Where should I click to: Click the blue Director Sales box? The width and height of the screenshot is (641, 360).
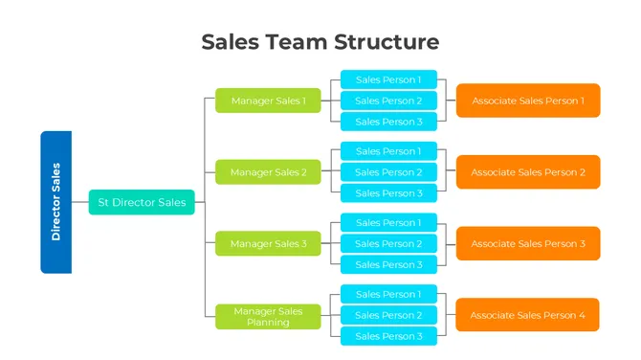pyautogui.click(x=55, y=202)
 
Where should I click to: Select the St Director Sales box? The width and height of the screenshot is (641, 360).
pyautogui.click(x=142, y=202)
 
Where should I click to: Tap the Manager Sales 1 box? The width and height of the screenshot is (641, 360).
pyautogui.click(x=268, y=101)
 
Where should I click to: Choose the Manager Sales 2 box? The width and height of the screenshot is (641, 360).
pyautogui.click(x=268, y=172)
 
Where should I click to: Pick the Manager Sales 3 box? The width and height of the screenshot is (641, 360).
pyautogui.click(x=268, y=244)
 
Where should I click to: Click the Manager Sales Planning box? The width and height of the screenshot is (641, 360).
pyautogui.click(x=268, y=316)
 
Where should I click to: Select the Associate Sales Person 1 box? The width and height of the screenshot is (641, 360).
pyautogui.click(x=528, y=101)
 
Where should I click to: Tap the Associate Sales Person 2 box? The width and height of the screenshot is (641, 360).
pyautogui.click(x=528, y=172)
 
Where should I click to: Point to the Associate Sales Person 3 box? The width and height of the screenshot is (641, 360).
pyautogui.click(x=528, y=244)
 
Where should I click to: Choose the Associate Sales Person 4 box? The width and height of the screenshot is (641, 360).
pyautogui.click(x=528, y=315)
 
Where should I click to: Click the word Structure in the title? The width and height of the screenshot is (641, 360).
pyautogui.click(x=387, y=42)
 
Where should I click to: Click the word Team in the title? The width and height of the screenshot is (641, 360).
pyautogui.click(x=297, y=42)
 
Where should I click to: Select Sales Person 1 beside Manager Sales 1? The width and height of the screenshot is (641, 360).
pyautogui.click(x=388, y=79)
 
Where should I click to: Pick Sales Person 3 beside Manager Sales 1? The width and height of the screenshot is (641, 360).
pyautogui.click(x=388, y=122)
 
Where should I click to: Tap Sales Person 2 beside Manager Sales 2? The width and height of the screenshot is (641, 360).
pyautogui.click(x=388, y=172)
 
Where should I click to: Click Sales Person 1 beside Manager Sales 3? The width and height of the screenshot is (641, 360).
pyautogui.click(x=388, y=223)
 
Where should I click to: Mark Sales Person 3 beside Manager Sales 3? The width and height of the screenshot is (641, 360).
pyautogui.click(x=388, y=265)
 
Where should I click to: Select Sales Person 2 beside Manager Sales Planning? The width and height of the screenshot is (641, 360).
pyautogui.click(x=388, y=315)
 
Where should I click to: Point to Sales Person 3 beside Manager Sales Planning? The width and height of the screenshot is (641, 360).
pyautogui.click(x=388, y=336)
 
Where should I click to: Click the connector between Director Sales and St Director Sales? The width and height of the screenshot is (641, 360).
pyautogui.click(x=80, y=202)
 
